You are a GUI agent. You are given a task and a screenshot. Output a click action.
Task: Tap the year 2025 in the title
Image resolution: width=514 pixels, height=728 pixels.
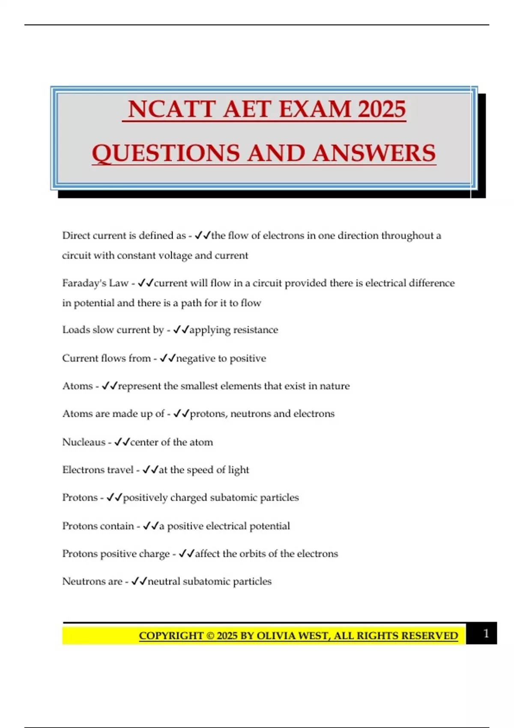pyautogui.click(x=382, y=109)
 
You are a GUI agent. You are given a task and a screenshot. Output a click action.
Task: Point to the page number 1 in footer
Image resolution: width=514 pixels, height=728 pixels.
pyautogui.click(x=486, y=633)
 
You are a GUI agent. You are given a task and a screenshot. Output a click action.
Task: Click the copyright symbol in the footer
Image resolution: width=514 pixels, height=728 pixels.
pyautogui.click(x=210, y=636)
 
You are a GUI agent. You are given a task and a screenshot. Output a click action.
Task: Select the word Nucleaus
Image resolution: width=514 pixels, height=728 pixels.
pyautogui.click(x=84, y=442)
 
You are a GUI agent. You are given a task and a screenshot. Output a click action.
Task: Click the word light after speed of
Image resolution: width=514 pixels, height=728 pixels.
pyautogui.click(x=239, y=470)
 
